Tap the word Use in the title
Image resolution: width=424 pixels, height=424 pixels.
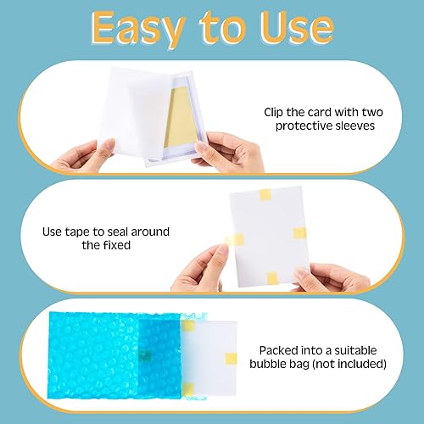point(293,29)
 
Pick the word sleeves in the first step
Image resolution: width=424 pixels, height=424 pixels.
point(358,126)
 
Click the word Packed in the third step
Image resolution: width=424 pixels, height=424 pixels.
point(281,349)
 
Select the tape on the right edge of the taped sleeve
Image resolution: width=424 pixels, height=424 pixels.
point(298,233)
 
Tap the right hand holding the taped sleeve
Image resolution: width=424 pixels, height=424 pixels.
point(339,276)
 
